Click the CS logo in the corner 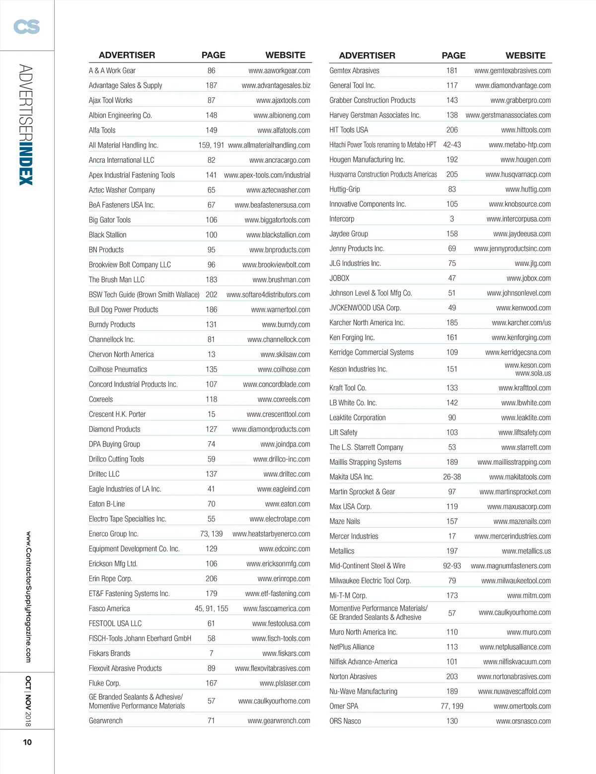tap(27, 26)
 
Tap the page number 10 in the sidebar tap(27, 742)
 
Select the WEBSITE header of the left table tap(285, 55)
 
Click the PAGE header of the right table tap(453, 56)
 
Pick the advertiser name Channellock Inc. tap(112, 339)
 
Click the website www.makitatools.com tap(520, 477)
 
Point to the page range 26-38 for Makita tap(452, 477)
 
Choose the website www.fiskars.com tap(286, 653)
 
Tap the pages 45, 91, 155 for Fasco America tap(212, 609)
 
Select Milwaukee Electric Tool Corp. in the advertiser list tap(370, 581)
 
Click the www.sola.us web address tap(533, 374)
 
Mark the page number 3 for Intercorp tap(452, 219)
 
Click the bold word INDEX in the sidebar tap(26, 164)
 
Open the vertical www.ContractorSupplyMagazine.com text tap(28, 597)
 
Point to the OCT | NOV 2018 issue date tap(28, 700)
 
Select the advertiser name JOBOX tap(339, 278)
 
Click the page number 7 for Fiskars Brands tap(212, 653)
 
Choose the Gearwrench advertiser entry tap(106, 721)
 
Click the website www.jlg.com tap(532, 263)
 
